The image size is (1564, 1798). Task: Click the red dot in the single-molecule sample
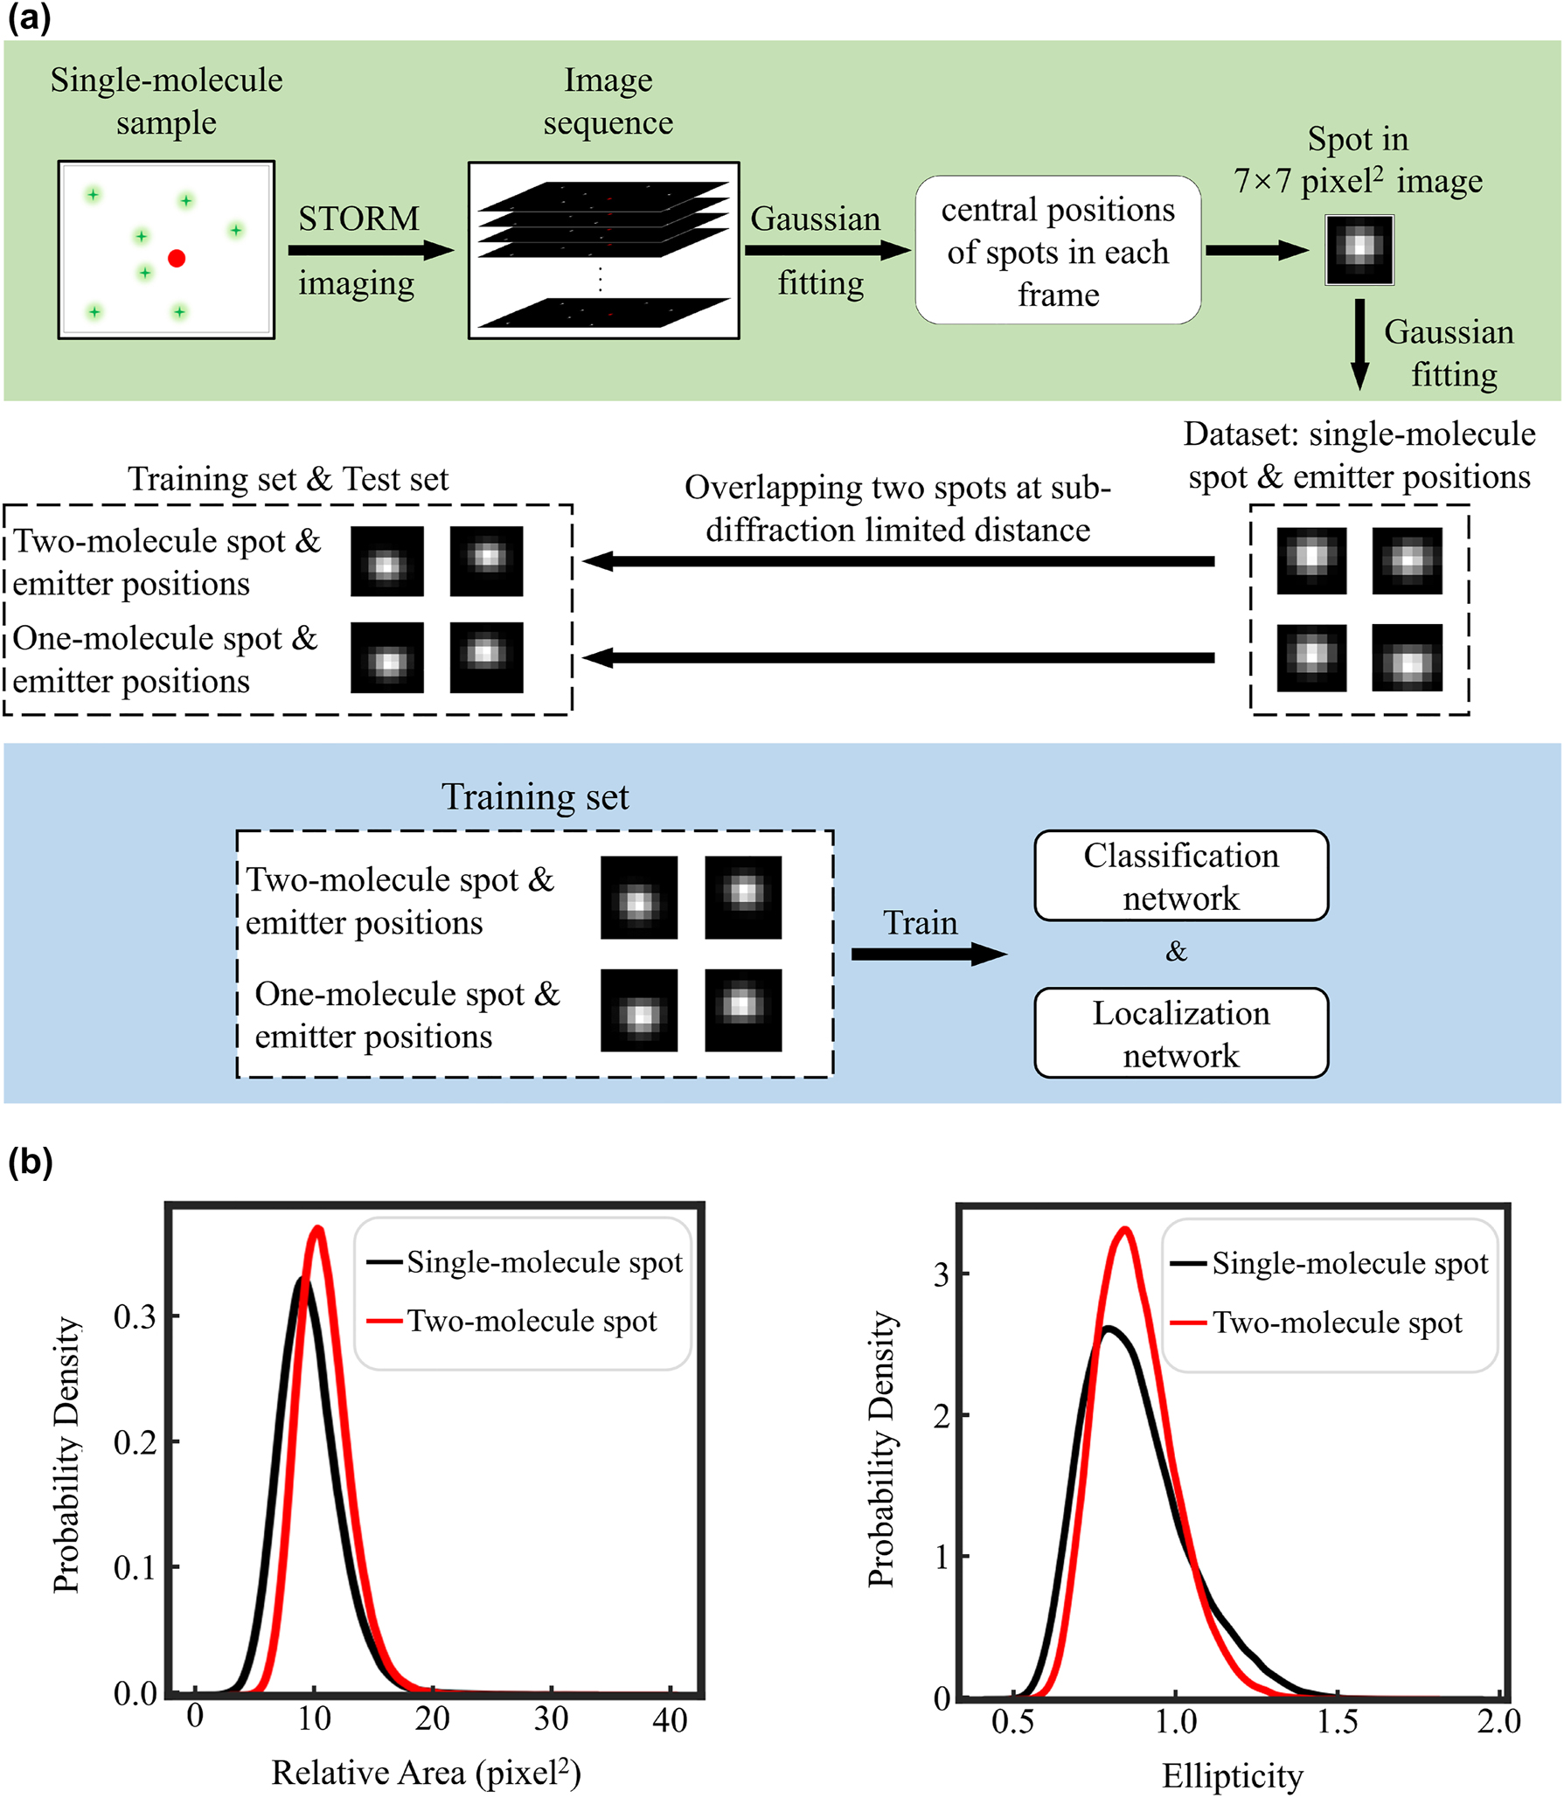[x=177, y=258]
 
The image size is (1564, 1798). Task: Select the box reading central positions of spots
[x=1057, y=251]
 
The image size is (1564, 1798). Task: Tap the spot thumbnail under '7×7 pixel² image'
[x=1359, y=249]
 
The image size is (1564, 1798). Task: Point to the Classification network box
[x=1180, y=876]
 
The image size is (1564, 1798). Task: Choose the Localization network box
[x=1180, y=1033]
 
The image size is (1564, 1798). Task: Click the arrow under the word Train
[x=928, y=954]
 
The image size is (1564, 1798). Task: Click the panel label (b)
[x=30, y=1162]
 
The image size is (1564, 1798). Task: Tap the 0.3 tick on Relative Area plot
[x=136, y=1316]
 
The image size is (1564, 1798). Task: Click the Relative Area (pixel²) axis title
[x=426, y=1773]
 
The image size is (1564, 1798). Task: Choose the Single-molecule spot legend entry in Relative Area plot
[x=544, y=1261]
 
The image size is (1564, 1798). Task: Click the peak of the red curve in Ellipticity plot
[x=1125, y=1230]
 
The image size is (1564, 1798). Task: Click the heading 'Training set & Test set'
[x=288, y=479]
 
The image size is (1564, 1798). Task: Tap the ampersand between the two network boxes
[x=1176, y=951]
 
